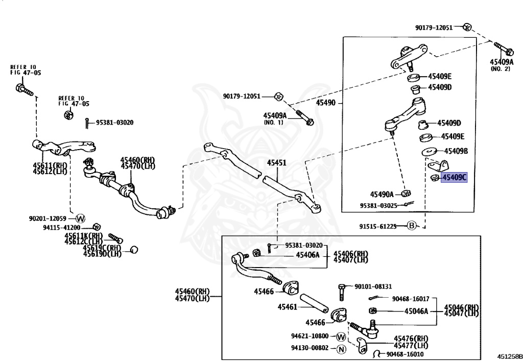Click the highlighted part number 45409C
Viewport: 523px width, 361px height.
455,178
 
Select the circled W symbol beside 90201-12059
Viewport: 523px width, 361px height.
81,218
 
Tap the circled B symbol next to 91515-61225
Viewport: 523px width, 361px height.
412,226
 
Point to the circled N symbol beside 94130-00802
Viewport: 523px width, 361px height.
342,349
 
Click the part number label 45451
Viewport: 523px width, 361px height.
277,163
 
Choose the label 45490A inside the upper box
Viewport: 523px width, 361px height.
382,194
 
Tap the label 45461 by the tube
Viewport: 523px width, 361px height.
288,307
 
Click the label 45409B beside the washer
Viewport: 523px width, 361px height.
456,151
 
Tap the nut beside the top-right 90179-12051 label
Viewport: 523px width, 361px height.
467,27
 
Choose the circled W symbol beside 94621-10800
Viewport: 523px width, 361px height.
341,336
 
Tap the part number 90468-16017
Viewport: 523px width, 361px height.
411,299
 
